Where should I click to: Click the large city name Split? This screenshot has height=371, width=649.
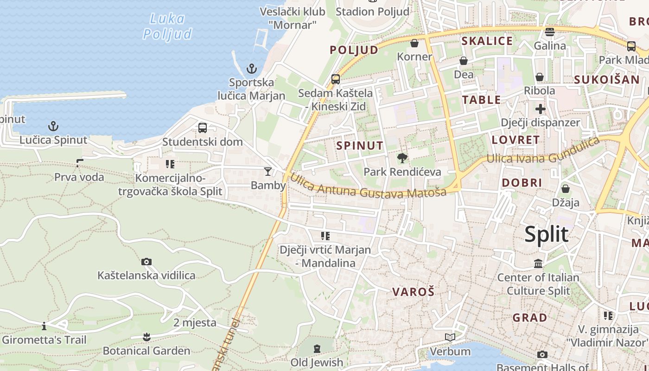[x=547, y=235]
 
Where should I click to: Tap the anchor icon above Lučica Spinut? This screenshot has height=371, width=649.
[x=53, y=126]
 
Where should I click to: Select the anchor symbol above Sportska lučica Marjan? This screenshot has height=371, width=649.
[x=251, y=69]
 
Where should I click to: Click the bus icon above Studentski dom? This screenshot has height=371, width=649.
[x=203, y=128]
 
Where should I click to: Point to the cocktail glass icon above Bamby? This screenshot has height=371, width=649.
[x=268, y=172]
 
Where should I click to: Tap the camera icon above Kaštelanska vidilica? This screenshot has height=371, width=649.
[x=146, y=262]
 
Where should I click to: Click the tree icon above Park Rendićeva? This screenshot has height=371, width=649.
[x=402, y=158]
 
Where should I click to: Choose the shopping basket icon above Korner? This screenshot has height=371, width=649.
[x=414, y=43]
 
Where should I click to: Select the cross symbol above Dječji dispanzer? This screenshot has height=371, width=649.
[x=541, y=109]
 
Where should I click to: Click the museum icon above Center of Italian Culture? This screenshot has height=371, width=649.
[x=538, y=264]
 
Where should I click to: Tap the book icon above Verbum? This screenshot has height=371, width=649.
[x=450, y=338]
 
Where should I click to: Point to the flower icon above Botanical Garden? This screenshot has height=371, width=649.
[x=146, y=337]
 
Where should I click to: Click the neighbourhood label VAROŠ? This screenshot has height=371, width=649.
[x=414, y=292]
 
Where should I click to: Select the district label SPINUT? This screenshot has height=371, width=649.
[x=360, y=146]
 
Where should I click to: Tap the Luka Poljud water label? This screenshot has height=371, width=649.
[x=167, y=26]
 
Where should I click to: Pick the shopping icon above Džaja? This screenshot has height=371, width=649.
[x=566, y=189]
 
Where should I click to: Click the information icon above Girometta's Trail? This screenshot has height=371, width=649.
[x=44, y=326]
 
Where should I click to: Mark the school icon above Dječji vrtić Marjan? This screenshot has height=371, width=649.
[x=325, y=236]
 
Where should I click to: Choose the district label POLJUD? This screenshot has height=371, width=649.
[x=354, y=50]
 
